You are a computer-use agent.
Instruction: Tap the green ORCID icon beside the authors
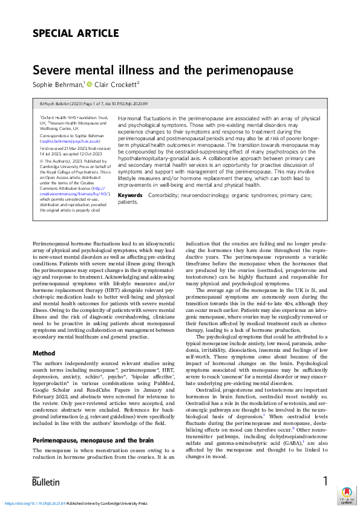click(89, 85)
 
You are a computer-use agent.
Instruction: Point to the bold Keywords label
click(130, 195)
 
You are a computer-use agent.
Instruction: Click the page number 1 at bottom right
click(326, 481)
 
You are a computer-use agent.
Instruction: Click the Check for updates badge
click(347, 495)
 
